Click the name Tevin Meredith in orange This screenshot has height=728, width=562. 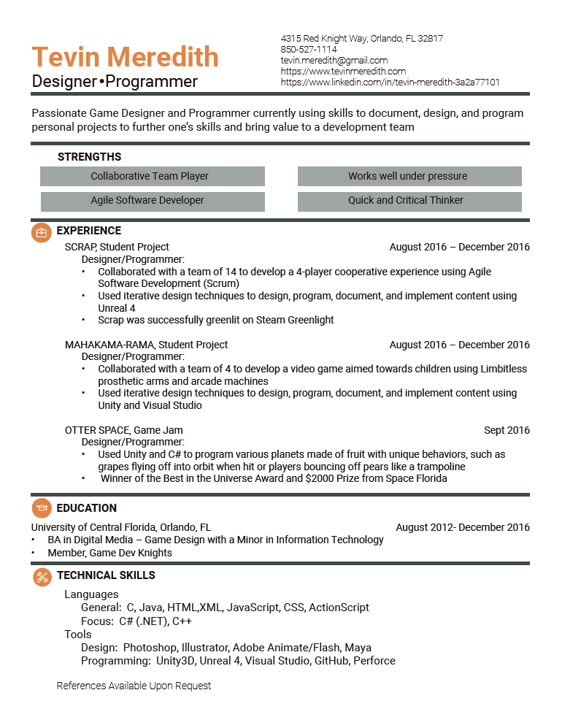[125, 57]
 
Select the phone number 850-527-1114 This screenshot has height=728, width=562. [309, 50]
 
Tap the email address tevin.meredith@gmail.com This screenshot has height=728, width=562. [334, 61]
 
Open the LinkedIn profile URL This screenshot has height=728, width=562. [390, 83]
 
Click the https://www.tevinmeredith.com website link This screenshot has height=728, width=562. [343, 72]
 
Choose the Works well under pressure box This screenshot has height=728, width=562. [409, 176]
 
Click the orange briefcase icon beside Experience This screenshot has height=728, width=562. [42, 232]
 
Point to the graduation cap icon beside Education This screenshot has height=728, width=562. [42, 509]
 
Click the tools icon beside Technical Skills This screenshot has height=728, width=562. [42, 577]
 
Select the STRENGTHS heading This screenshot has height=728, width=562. [89, 157]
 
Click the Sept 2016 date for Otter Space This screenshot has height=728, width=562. [507, 430]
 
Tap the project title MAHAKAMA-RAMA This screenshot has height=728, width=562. [109, 345]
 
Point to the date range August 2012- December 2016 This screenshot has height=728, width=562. [463, 527]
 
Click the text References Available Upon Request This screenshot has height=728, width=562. [134, 686]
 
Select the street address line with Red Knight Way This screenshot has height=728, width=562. [361, 39]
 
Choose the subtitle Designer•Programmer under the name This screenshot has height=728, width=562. [115, 81]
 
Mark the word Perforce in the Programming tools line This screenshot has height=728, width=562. [374, 661]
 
